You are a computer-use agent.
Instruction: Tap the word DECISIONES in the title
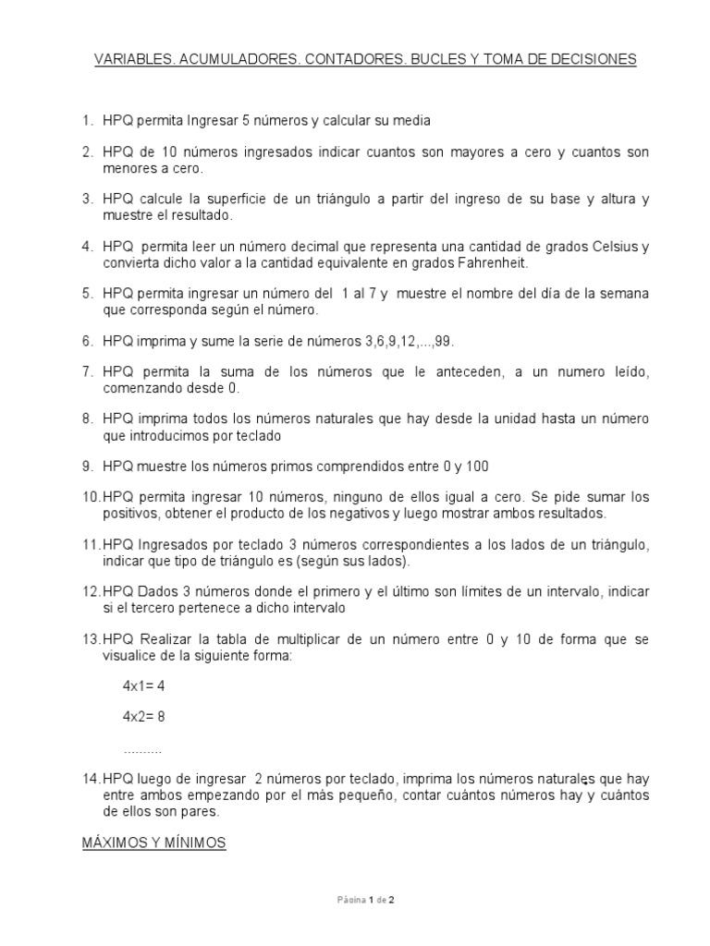590,60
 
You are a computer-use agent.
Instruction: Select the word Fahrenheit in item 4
491,262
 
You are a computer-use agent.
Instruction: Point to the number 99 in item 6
444,341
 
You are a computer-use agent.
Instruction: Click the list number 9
87,466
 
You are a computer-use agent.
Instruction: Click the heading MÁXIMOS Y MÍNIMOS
154,843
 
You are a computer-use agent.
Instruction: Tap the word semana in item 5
628,294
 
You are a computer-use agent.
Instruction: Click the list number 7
87,371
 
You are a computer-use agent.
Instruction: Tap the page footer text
367,898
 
